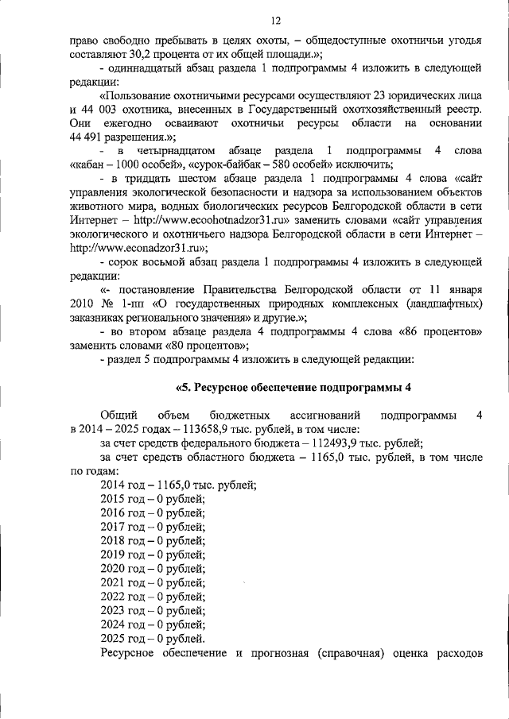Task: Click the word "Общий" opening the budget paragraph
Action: point(119,415)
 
